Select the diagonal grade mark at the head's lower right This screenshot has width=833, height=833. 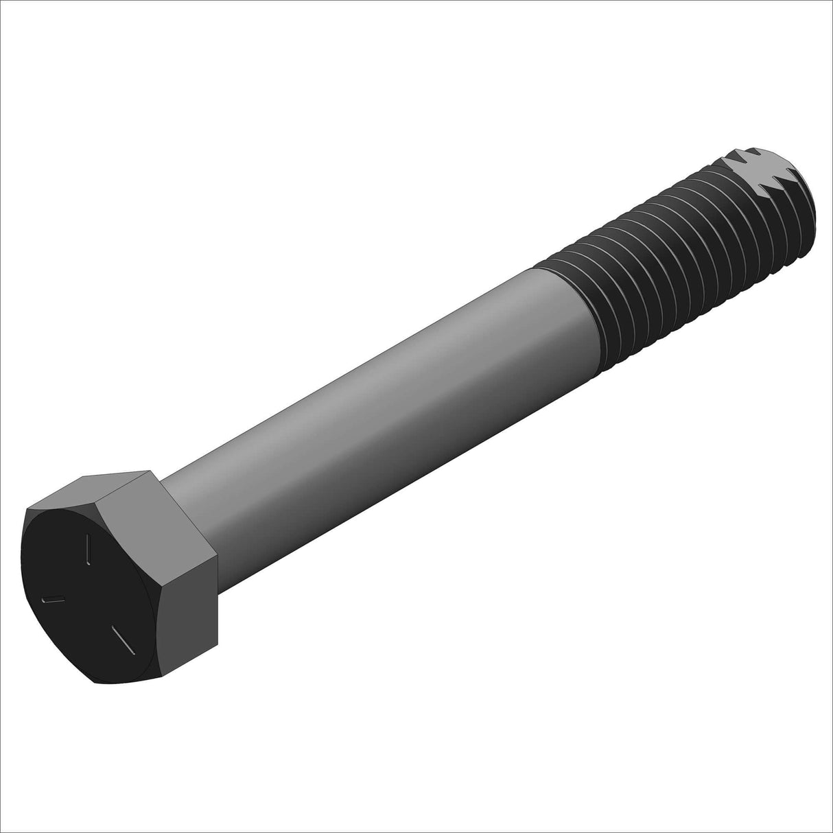pyautogui.click(x=124, y=640)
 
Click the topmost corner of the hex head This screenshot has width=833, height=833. pyautogui.click(x=148, y=471)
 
